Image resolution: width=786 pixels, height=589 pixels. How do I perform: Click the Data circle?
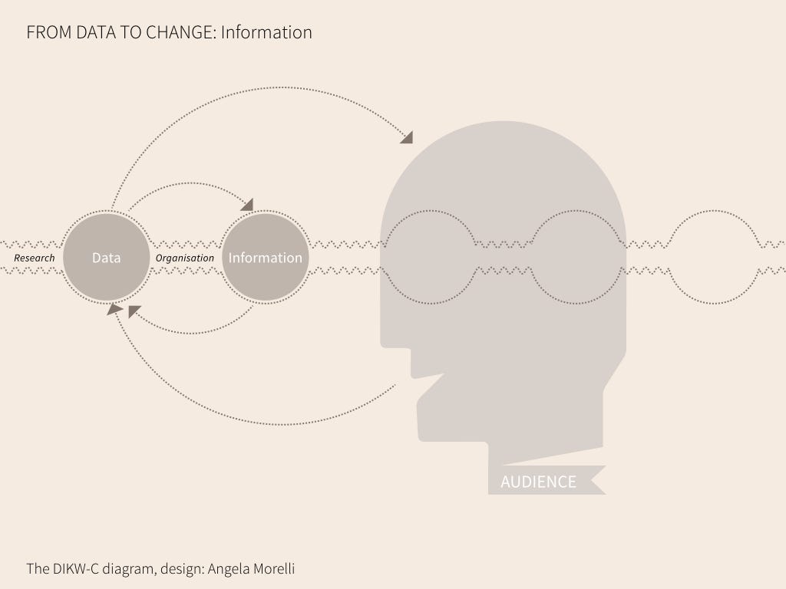coord(106,258)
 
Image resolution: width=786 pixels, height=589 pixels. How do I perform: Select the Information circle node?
coord(266,258)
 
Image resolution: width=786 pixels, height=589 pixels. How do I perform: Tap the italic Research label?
coord(35,258)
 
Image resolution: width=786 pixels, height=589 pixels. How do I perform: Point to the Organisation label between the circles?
coord(185,258)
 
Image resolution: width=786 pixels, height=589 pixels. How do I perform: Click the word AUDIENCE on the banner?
coord(538,482)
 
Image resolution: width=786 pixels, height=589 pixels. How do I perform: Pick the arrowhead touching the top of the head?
coord(407,137)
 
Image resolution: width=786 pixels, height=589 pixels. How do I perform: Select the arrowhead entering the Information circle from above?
coord(247,204)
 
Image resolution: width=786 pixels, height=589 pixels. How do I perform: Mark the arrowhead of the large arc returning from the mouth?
coord(114,309)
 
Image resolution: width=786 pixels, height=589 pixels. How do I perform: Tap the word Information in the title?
coord(266,32)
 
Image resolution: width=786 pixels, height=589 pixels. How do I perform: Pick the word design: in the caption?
coord(181,569)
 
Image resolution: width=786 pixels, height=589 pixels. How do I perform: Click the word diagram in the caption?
coord(133,569)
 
